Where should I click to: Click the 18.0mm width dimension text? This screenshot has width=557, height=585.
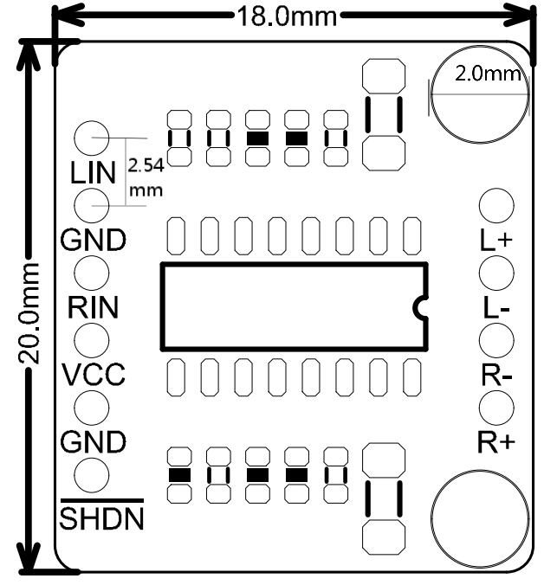click(x=287, y=16)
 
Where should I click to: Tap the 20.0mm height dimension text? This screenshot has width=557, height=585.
click(x=29, y=313)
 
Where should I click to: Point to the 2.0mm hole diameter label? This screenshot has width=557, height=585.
click(x=488, y=74)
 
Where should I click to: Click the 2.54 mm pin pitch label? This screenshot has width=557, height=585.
click(x=146, y=177)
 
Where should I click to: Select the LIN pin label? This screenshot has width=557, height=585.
click(x=93, y=173)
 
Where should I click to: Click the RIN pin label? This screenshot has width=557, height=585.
click(x=93, y=307)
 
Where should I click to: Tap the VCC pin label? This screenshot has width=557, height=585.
click(x=93, y=375)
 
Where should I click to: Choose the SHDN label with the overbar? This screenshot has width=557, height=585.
click(x=101, y=515)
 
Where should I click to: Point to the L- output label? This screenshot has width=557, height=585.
click(x=495, y=308)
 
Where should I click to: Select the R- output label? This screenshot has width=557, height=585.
click(x=496, y=376)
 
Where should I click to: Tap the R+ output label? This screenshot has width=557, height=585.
click(x=496, y=442)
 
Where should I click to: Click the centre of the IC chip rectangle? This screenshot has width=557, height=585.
click(x=294, y=306)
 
